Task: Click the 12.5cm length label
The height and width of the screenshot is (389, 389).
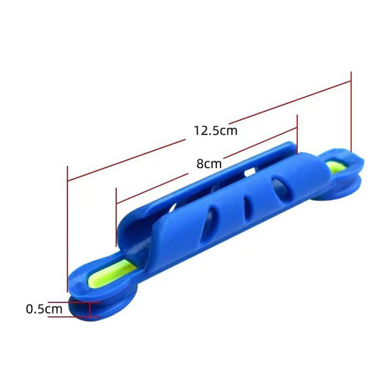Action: click(215, 131)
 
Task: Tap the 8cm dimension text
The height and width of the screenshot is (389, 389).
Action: click(209, 164)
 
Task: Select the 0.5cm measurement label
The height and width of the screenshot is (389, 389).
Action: click(44, 308)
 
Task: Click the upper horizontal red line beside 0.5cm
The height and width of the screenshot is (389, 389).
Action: click(73, 302)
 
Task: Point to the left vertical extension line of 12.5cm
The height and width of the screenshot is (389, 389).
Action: click(67, 229)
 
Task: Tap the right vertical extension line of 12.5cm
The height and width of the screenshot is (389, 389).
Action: click(351, 112)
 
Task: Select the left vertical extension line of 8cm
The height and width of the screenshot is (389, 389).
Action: click(116, 216)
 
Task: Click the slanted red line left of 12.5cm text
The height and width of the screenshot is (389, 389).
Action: click(126, 160)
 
